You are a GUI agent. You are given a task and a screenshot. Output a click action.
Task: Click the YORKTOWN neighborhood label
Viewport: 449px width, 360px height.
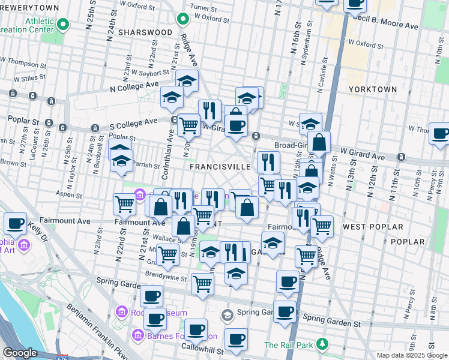(372, 89)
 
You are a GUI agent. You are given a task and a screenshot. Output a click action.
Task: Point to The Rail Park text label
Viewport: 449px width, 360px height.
(289, 345)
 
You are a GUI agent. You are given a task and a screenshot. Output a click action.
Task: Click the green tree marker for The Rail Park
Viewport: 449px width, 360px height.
(323, 344)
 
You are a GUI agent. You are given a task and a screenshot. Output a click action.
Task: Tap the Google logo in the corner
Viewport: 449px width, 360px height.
(20, 353)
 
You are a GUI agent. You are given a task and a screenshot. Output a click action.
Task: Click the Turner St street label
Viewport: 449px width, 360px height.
(203, 8)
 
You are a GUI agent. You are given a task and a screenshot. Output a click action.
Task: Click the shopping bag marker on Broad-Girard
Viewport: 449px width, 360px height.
(319, 142)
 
